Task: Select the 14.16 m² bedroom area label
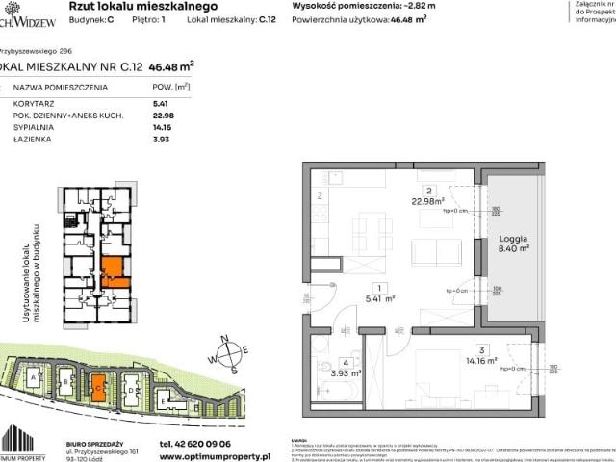point(478,361)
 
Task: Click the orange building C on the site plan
point(99,389)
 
